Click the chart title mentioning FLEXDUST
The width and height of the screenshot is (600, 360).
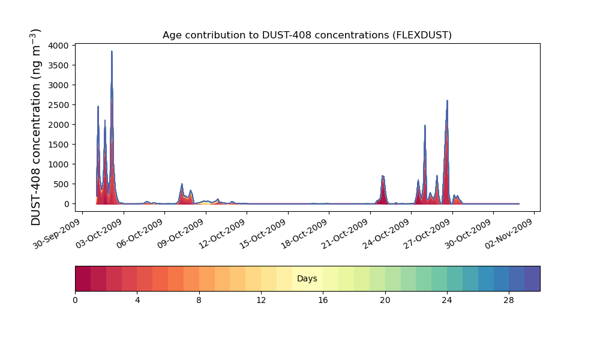(307, 35)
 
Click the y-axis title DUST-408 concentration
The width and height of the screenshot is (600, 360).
(35, 127)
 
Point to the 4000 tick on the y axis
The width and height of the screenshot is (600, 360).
(58, 46)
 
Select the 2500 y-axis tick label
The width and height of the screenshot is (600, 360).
(58, 105)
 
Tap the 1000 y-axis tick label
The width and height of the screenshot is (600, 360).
(58, 164)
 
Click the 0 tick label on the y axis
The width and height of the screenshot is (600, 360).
(67, 204)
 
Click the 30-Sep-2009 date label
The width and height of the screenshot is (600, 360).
(56, 234)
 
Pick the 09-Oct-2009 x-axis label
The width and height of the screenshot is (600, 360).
(180, 234)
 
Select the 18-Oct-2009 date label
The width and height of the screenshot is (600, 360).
(304, 234)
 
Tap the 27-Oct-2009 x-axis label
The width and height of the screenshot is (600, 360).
(427, 234)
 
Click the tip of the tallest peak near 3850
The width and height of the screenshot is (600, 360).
(112, 51)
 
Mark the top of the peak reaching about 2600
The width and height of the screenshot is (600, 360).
(447, 101)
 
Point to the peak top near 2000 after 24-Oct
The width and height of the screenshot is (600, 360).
(425, 125)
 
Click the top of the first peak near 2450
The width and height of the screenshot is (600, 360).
(98, 107)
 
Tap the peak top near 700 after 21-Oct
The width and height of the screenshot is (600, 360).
(383, 176)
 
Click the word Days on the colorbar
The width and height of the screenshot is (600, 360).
(307, 278)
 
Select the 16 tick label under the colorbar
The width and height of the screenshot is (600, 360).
(323, 301)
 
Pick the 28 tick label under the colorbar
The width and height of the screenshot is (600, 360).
(509, 301)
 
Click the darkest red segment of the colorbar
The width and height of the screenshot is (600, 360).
(83, 278)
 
